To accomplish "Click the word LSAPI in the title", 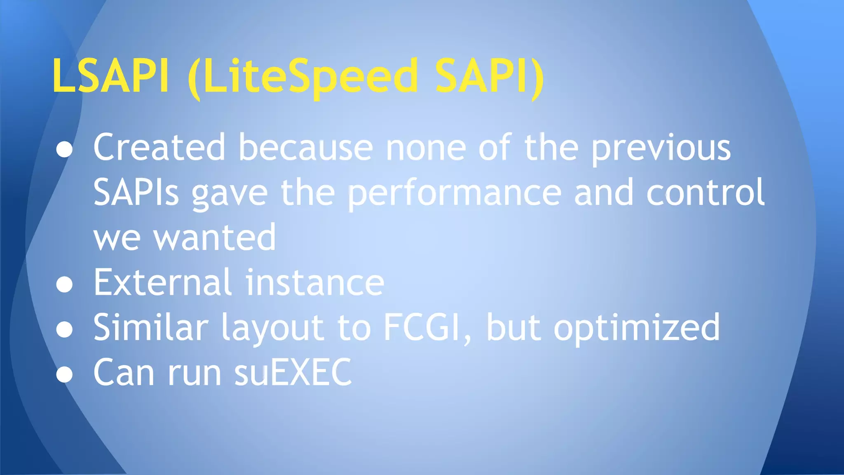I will (x=110, y=76).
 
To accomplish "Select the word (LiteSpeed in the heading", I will (x=302, y=77).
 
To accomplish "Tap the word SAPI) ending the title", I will (x=490, y=77).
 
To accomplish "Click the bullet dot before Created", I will (x=64, y=149).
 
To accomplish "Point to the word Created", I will (x=159, y=147).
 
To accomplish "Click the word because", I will (x=305, y=147).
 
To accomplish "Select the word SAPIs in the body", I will (x=136, y=193).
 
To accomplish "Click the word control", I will (x=705, y=193).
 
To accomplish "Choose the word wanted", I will (x=214, y=238).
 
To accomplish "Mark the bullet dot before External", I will (x=64, y=285).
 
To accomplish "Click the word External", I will (x=162, y=282).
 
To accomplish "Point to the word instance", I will (x=315, y=282).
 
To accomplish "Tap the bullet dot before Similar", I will (x=64, y=330).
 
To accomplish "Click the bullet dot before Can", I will (x=64, y=375).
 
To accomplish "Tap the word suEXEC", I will (x=293, y=373).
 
